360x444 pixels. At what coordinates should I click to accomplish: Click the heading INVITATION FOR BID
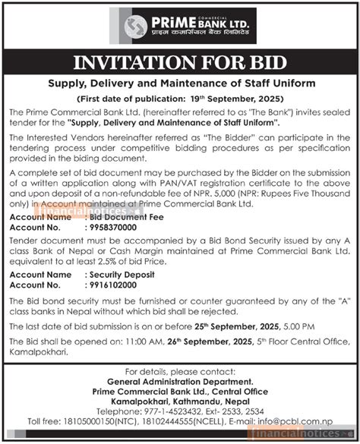pos(180,62)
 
